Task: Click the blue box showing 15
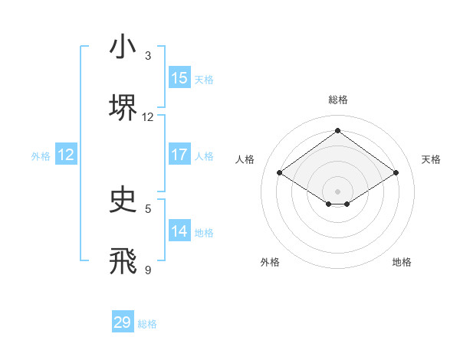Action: point(179,78)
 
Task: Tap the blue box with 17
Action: point(179,155)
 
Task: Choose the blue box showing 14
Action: point(179,231)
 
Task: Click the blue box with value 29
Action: point(123,322)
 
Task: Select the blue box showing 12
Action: point(66,155)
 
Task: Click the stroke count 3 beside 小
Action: point(148,56)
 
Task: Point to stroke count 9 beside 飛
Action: point(148,269)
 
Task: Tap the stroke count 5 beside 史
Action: point(148,208)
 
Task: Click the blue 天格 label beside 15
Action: point(204,79)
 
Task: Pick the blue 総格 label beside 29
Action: point(147,324)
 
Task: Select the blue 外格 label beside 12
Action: point(41,155)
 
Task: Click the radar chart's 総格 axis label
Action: point(337,100)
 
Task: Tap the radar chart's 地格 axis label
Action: point(402,262)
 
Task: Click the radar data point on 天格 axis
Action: point(396,173)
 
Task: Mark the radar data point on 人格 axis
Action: point(280,173)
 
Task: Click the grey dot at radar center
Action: point(337,191)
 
